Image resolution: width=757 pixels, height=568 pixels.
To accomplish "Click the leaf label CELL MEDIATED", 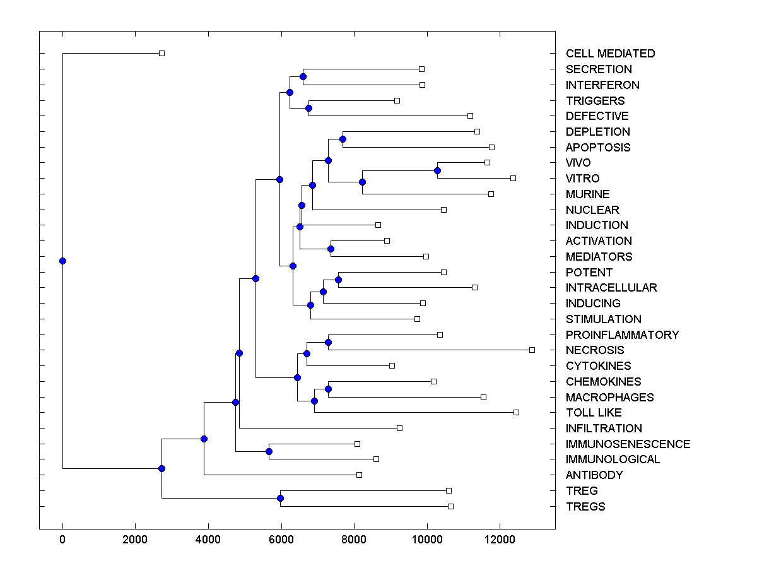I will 610,54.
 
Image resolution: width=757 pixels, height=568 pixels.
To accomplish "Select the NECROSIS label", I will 594,350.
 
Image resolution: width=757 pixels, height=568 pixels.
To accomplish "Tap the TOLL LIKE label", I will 593,413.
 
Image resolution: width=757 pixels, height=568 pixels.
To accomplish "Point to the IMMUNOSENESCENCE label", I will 628,444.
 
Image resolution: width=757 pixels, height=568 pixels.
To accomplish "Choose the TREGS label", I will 585,507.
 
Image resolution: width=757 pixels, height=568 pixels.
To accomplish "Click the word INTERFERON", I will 602,85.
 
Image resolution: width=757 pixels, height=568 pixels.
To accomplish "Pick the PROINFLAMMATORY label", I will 622,335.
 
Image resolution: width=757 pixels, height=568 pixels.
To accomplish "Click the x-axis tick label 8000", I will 354,539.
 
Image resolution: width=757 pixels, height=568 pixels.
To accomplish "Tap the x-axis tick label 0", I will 62,539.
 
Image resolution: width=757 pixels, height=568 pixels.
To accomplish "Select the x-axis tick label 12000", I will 500,539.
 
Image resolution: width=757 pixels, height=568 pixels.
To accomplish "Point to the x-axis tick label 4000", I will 208,539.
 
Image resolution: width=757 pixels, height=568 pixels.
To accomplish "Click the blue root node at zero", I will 62,261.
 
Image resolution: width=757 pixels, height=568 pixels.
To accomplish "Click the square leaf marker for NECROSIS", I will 532,350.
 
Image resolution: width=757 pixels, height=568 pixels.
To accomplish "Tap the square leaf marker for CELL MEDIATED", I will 161,53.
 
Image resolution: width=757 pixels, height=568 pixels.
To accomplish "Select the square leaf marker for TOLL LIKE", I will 516,412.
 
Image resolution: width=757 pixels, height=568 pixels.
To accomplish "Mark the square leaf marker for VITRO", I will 513,178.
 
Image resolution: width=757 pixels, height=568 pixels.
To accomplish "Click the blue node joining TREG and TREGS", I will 280,499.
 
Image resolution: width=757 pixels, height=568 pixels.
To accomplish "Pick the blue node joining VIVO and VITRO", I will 437,170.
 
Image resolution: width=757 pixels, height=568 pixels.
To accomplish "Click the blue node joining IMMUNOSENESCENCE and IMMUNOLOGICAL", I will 269,451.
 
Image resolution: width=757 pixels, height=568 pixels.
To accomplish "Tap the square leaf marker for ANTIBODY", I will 359,475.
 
